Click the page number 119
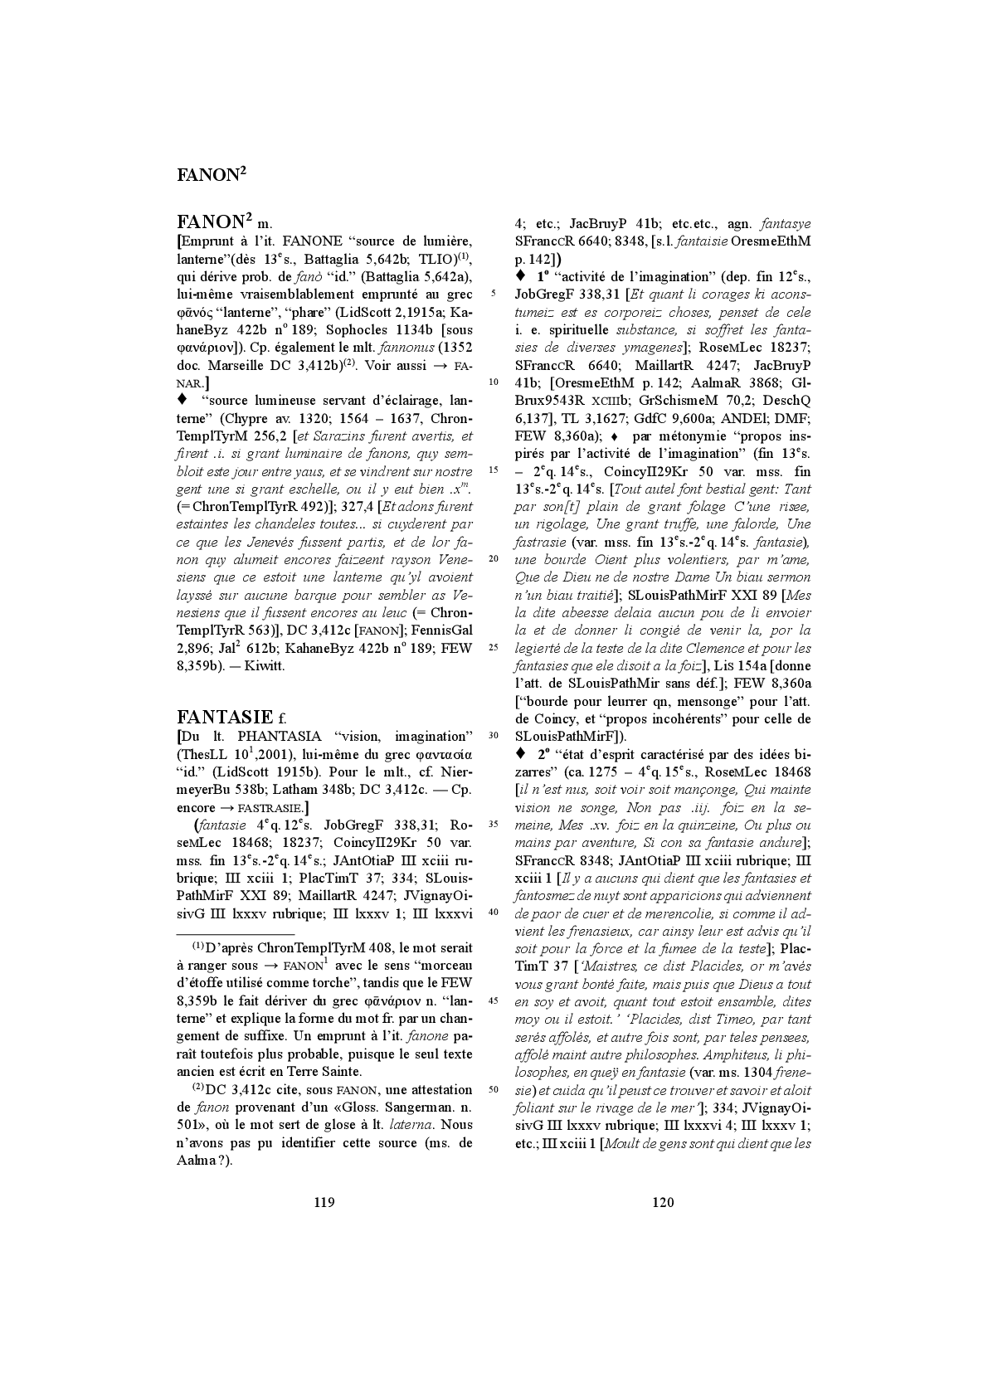pyautogui.click(x=324, y=1202)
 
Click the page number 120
pyautogui.click(x=663, y=1202)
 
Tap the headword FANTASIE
pyautogui.click(x=224, y=717)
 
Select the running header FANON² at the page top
pyautogui.click(x=212, y=174)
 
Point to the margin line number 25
pyautogui.click(x=494, y=648)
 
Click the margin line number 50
pyautogui.click(x=494, y=1089)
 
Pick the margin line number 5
pyautogui.click(x=494, y=294)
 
